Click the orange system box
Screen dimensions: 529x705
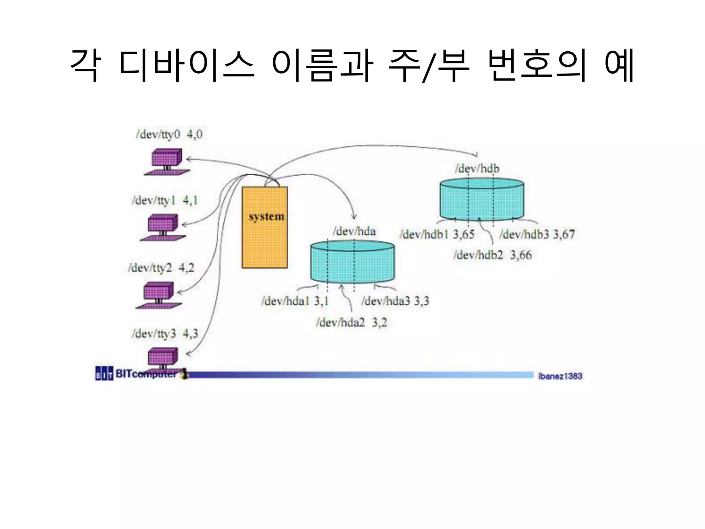(264, 227)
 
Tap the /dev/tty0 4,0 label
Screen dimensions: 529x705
(169, 134)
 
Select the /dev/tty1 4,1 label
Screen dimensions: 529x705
(165, 200)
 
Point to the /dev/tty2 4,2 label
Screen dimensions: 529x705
(161, 268)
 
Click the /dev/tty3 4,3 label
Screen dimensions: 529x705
(165, 333)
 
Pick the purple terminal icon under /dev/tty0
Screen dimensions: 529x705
(167, 162)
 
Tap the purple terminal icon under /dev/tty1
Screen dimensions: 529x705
(163, 228)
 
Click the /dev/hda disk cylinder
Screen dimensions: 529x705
(352, 262)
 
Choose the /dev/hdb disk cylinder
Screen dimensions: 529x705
(482, 199)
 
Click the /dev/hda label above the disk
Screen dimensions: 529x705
(354, 231)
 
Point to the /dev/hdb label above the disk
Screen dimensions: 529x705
(477, 168)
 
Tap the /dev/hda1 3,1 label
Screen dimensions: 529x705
(295, 301)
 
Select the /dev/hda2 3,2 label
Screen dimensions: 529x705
(351, 322)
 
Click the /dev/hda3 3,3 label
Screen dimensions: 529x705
(395, 301)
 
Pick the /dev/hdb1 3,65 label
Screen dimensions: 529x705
(437, 235)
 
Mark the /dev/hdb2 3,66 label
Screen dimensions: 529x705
(493, 255)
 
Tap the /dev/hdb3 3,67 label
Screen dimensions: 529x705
(537, 235)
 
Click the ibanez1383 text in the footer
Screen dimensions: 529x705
(560, 376)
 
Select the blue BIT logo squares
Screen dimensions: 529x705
(104, 374)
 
